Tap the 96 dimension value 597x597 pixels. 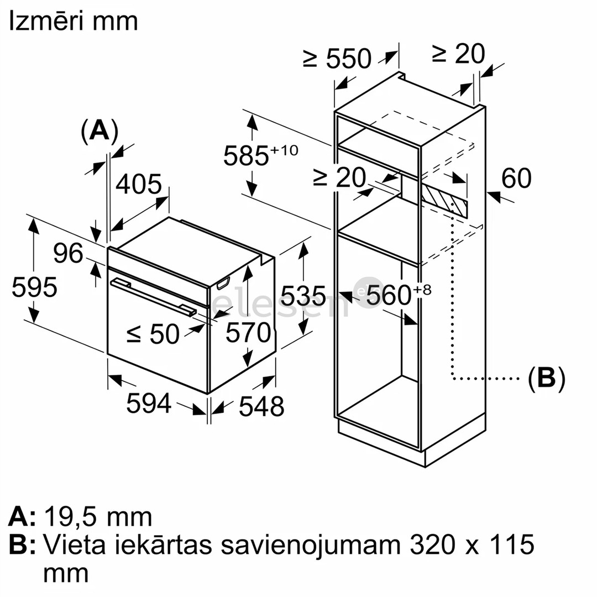(69, 253)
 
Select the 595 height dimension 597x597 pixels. (34, 287)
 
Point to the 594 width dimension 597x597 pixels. (149, 403)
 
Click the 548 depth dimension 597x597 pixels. (261, 407)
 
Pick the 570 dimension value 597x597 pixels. (248, 333)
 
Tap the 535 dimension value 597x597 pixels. (303, 296)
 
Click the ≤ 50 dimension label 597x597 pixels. (153, 334)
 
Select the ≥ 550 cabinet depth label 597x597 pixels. (337, 58)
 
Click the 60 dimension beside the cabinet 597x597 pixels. (516, 178)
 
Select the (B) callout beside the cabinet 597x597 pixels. (546, 379)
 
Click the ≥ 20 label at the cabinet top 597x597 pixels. (458, 54)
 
